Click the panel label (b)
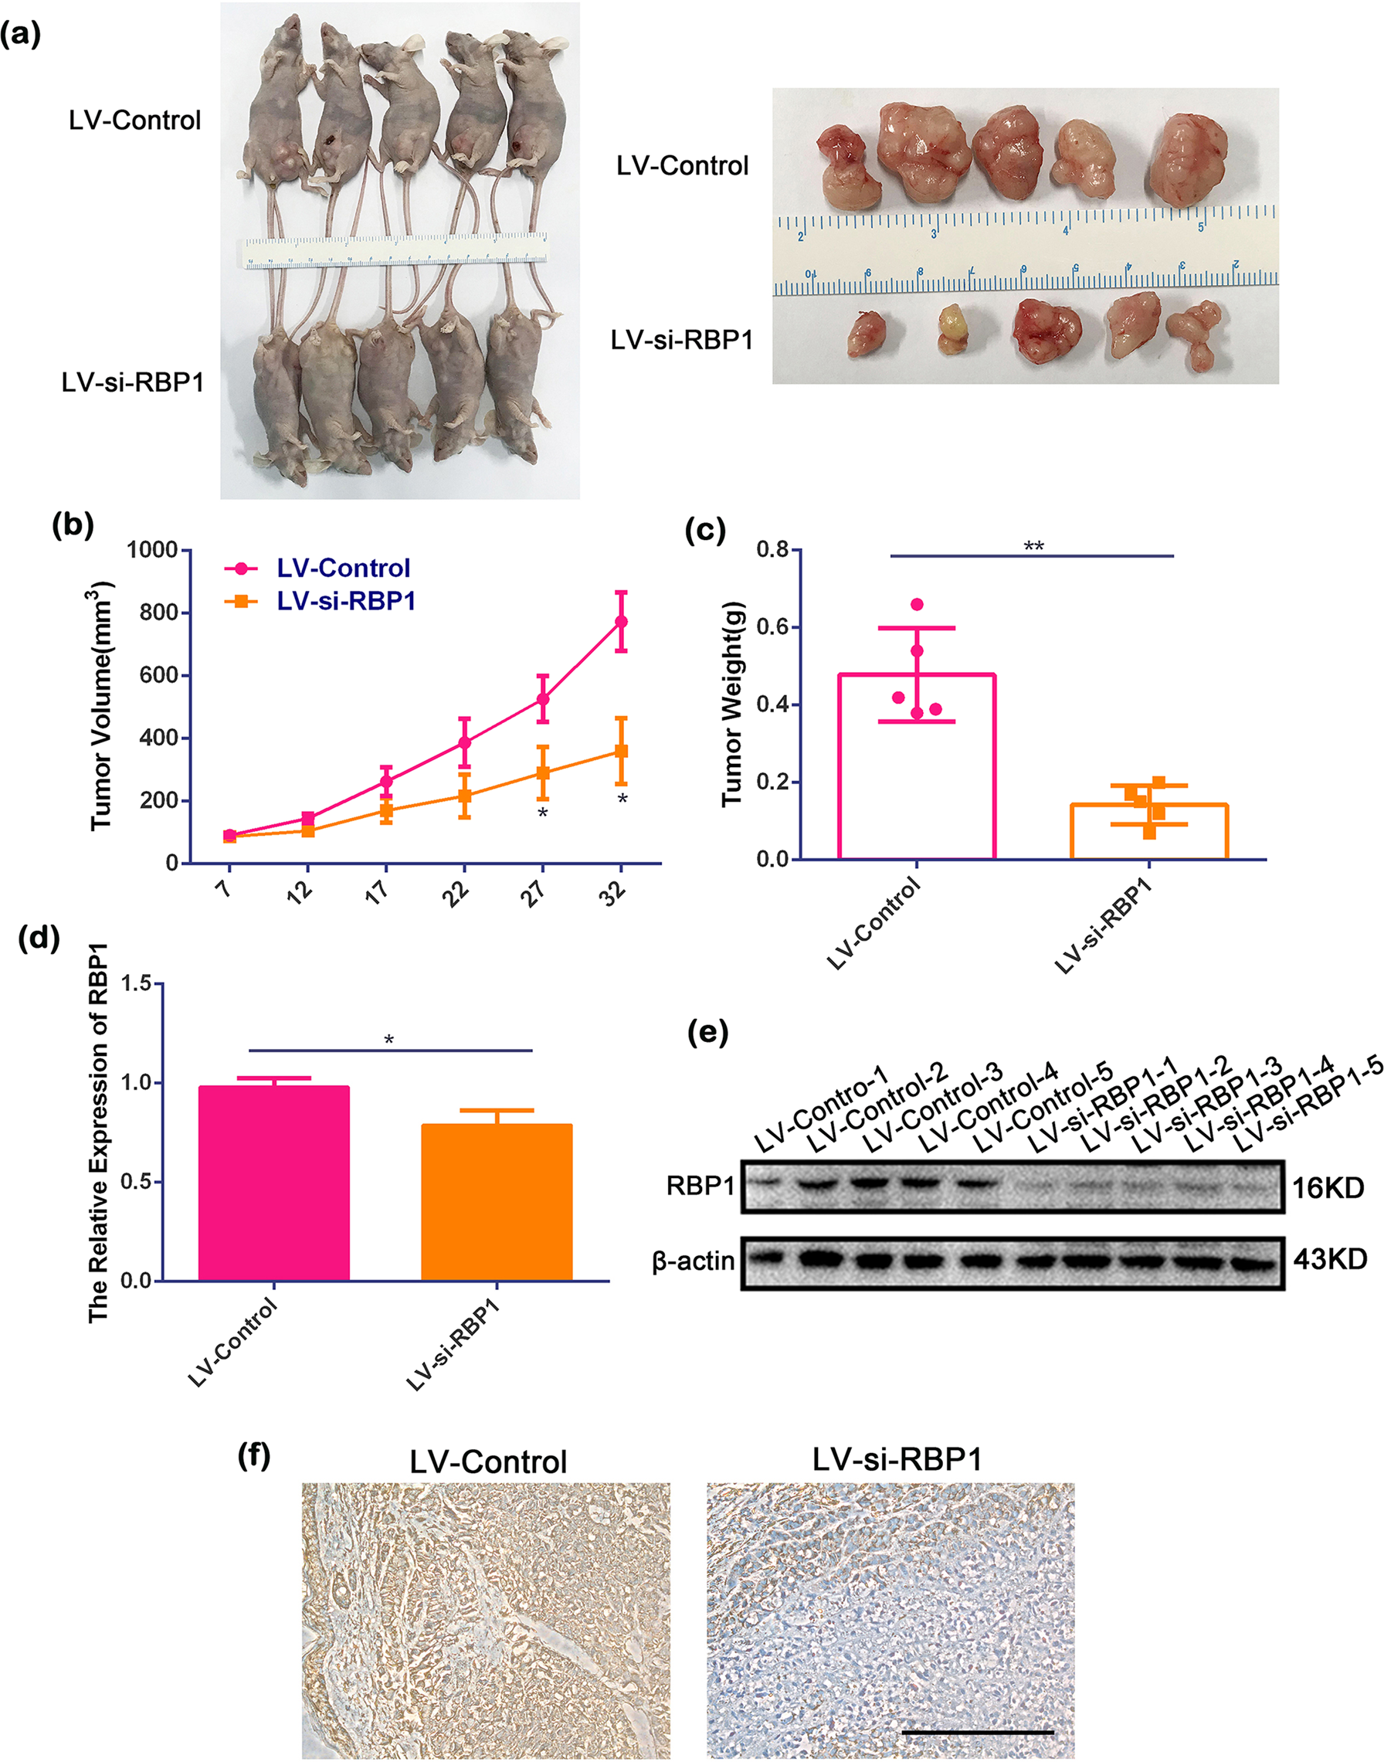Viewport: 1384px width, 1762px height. click(x=73, y=525)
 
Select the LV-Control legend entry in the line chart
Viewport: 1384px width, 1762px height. click(x=343, y=569)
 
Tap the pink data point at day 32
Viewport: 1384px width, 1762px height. click(x=622, y=622)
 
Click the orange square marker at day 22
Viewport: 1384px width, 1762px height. click(x=464, y=795)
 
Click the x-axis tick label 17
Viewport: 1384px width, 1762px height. click(x=378, y=891)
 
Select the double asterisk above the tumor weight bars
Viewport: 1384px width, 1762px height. click(x=1033, y=546)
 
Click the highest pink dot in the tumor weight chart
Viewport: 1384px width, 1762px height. click(x=918, y=605)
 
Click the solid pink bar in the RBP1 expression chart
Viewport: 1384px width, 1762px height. click(x=274, y=1183)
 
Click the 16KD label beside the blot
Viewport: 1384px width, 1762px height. click(x=1328, y=1188)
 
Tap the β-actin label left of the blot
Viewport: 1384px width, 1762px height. click(x=694, y=1261)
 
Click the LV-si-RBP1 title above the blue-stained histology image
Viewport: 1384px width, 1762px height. click(x=897, y=1460)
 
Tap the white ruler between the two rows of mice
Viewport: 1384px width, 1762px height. click(x=395, y=251)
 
